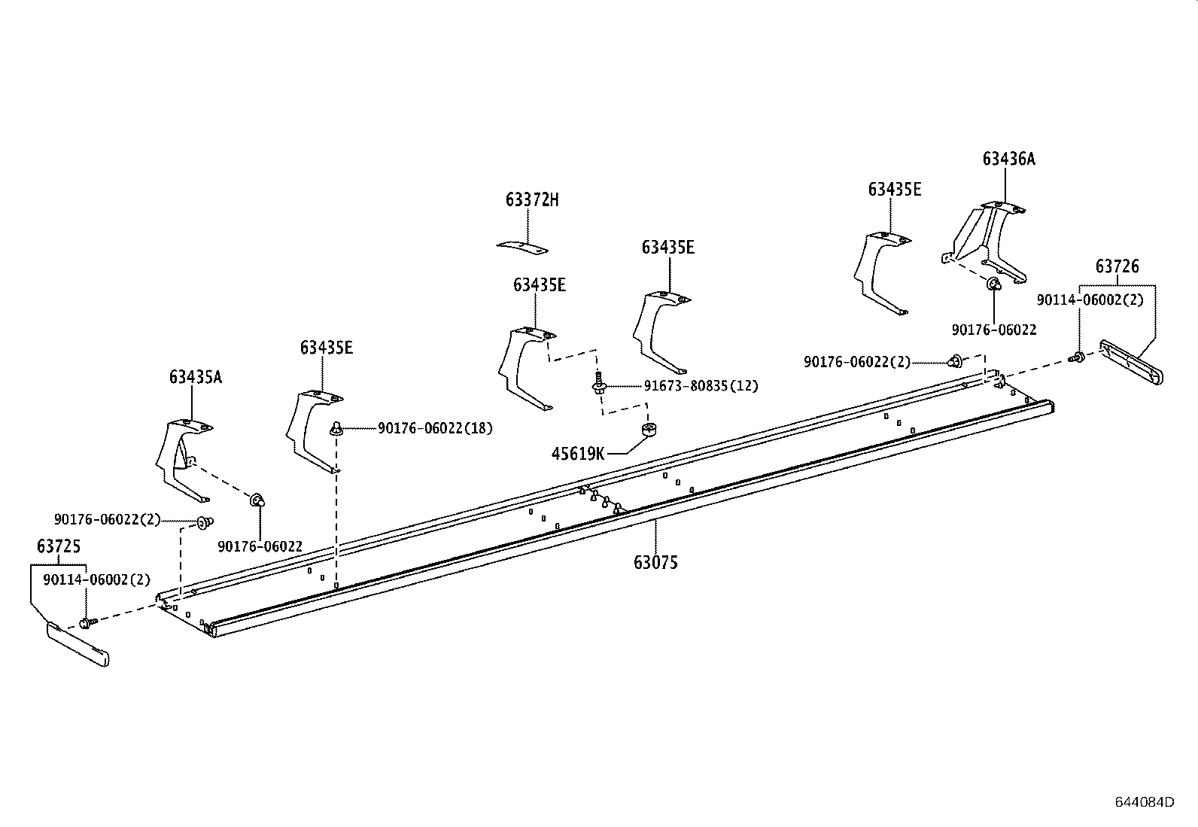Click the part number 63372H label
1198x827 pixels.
[x=532, y=200]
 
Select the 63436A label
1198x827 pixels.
[x=1008, y=159]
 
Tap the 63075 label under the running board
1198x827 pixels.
[x=655, y=562]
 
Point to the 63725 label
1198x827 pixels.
[x=58, y=546]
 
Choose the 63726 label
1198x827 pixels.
[x=1117, y=266]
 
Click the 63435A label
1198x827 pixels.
[x=195, y=377]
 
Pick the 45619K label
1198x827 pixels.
[x=578, y=454]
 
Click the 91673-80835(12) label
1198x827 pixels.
[x=701, y=386]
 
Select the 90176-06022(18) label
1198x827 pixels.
[x=435, y=428]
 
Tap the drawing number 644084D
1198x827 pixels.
[x=1144, y=801]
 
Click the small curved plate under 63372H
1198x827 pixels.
[x=523, y=246]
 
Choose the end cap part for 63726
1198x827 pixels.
[x=1131, y=361]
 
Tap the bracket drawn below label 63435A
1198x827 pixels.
[x=182, y=459]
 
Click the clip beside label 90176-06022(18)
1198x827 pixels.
[x=336, y=429]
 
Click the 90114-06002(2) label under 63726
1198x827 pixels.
[x=1090, y=299]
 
